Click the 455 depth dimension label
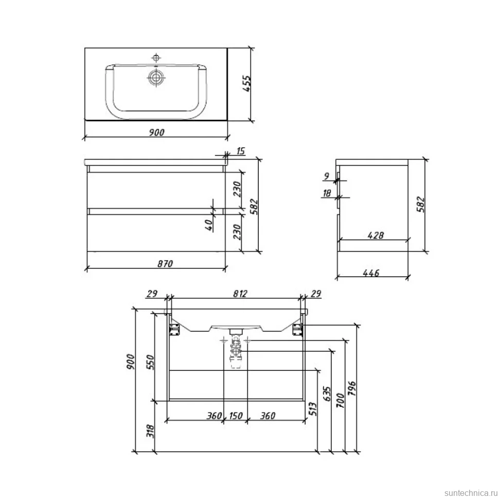(x=247, y=83)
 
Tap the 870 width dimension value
(x=165, y=263)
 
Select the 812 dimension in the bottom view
(x=240, y=293)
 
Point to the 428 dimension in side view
(x=376, y=235)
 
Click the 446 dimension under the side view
(x=371, y=273)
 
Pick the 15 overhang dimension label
(x=241, y=151)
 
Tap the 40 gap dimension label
(x=208, y=225)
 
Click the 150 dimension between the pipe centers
(x=236, y=416)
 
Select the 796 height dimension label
(x=352, y=388)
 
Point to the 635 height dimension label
(x=327, y=394)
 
